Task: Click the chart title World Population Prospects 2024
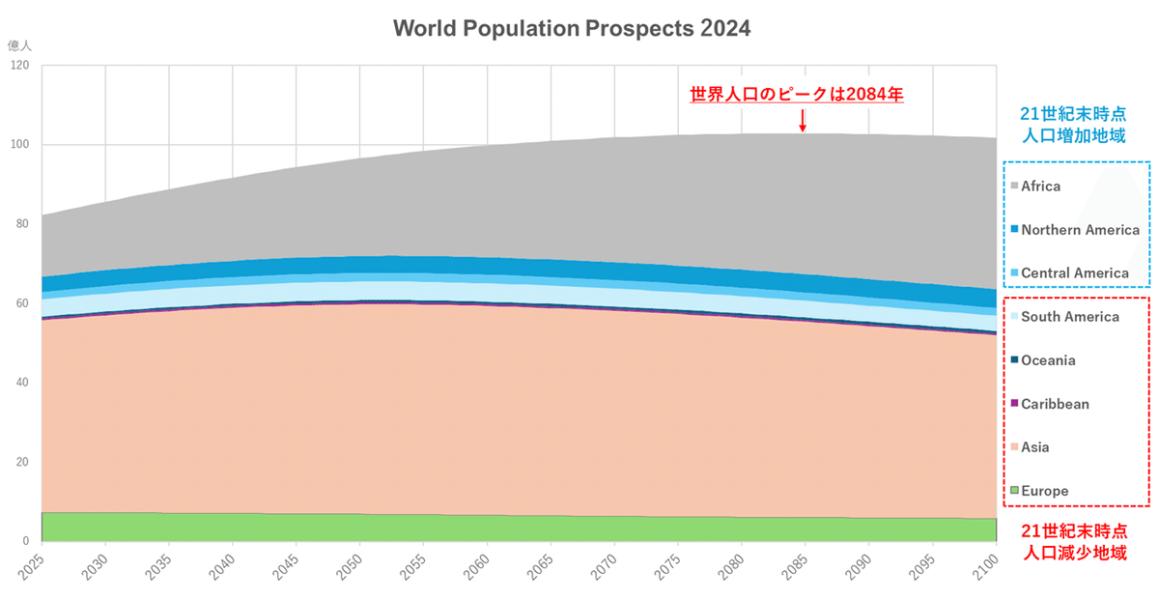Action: click(x=571, y=28)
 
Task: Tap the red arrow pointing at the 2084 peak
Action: click(x=802, y=120)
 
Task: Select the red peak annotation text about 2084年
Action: click(x=796, y=95)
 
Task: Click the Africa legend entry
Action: click(x=1040, y=186)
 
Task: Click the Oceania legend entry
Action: click(x=1048, y=360)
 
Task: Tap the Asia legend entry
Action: click(x=1034, y=447)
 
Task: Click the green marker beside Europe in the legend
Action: click(x=1013, y=491)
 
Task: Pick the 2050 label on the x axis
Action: click(x=350, y=565)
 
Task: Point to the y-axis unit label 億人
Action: click(x=19, y=44)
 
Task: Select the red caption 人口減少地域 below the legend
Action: click(x=1076, y=556)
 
